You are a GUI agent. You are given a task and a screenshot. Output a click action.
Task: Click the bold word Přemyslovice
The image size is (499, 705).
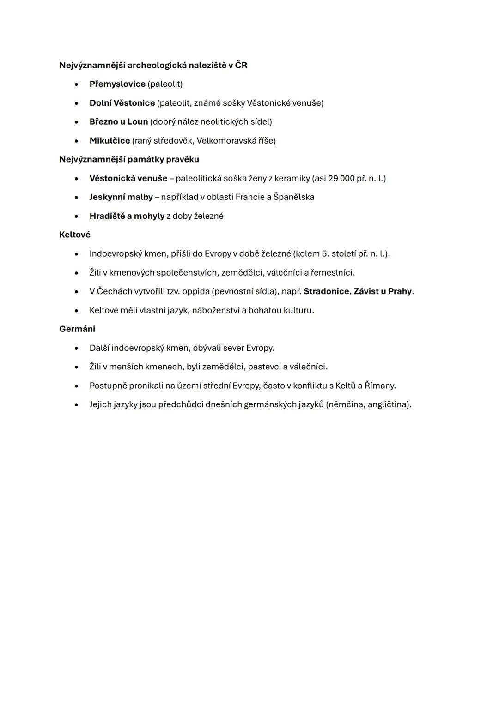click(x=117, y=84)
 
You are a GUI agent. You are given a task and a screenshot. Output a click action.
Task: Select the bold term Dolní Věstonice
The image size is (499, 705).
click(x=122, y=103)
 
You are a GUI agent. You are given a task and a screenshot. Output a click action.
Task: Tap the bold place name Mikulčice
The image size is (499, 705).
click(x=110, y=140)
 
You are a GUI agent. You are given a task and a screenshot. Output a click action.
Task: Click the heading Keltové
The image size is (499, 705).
click(x=75, y=235)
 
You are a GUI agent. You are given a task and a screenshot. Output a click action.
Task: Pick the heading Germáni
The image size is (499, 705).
click(x=77, y=329)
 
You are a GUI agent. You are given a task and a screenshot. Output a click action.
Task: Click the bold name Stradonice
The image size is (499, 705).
click(x=326, y=291)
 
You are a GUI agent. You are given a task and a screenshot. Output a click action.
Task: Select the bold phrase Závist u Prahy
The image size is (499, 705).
click(x=383, y=291)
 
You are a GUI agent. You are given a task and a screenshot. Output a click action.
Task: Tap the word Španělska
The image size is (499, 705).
click(x=294, y=197)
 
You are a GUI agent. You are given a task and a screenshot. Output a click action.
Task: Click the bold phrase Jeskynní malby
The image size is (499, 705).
click(x=121, y=197)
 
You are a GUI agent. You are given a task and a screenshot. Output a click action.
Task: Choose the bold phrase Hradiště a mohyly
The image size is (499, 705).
click(x=127, y=216)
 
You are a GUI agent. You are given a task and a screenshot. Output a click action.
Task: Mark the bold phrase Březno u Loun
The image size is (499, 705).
click(x=119, y=122)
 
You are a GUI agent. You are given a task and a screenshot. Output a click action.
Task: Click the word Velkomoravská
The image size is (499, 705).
click(x=224, y=140)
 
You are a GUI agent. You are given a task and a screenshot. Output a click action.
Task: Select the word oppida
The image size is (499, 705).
click(x=195, y=291)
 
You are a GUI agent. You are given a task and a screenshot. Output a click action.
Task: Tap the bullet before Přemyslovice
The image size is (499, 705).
click(x=76, y=84)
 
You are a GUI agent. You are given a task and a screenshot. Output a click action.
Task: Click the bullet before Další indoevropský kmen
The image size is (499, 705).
click(x=76, y=349)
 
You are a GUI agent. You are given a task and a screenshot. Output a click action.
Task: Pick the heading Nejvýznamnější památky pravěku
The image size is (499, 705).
click(x=129, y=159)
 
